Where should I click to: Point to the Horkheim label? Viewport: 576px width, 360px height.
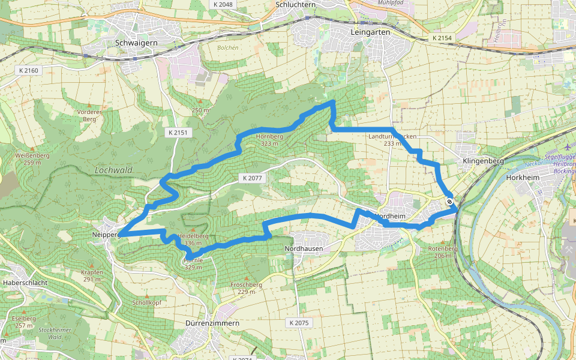click(x=524, y=178)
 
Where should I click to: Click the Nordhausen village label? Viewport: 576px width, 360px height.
click(x=304, y=248)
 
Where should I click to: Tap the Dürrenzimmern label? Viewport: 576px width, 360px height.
click(x=209, y=323)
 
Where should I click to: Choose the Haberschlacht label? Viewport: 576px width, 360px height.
click(x=25, y=282)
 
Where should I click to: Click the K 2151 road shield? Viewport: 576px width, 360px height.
click(x=178, y=131)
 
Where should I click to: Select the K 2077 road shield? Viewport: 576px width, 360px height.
click(x=253, y=178)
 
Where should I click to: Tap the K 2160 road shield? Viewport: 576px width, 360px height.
click(x=28, y=71)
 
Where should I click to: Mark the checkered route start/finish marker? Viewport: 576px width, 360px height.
click(x=449, y=201)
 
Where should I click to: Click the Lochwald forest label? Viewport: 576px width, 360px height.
click(x=113, y=170)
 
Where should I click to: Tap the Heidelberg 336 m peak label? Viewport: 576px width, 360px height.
click(x=193, y=239)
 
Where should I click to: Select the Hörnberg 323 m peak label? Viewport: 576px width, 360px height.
click(x=269, y=140)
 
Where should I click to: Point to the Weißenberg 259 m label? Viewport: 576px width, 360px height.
click(x=32, y=158)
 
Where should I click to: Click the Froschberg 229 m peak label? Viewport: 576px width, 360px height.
click(x=247, y=288)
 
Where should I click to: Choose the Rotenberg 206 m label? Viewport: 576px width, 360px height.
click(x=443, y=252)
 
